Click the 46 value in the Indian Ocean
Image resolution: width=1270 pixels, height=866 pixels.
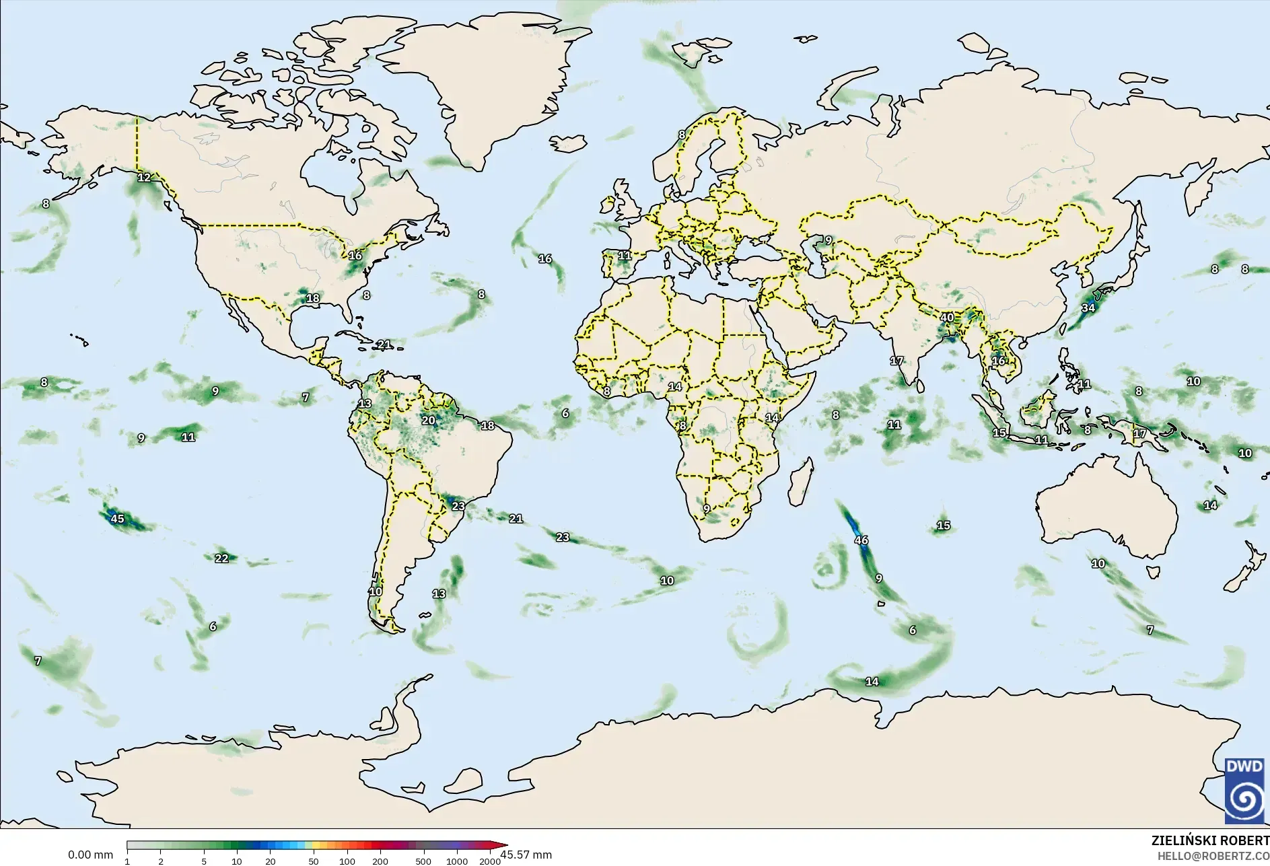pyautogui.click(x=861, y=540)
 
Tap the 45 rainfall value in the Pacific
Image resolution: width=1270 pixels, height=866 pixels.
pyautogui.click(x=117, y=519)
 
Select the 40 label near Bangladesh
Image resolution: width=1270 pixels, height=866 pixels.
pyautogui.click(x=947, y=318)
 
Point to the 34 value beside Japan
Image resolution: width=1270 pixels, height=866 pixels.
pyautogui.click(x=1088, y=308)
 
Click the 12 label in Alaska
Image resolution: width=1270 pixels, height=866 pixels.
pyautogui.click(x=144, y=178)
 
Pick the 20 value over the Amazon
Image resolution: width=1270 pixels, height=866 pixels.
pyautogui.click(x=428, y=421)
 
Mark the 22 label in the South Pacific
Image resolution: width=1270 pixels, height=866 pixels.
pyautogui.click(x=221, y=558)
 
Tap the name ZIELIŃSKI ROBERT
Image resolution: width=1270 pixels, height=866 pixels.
pyautogui.click(x=1210, y=841)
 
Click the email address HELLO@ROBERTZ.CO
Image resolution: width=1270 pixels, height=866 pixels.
pyautogui.click(x=1213, y=856)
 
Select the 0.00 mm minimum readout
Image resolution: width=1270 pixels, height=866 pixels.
pyautogui.click(x=90, y=855)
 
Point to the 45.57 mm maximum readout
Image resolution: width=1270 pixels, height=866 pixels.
pyautogui.click(x=526, y=855)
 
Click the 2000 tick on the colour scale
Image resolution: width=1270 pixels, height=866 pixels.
pyautogui.click(x=490, y=861)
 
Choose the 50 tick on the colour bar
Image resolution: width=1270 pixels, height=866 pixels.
pyautogui.click(x=314, y=861)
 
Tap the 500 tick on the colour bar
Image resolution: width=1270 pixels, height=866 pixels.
pyautogui.click(x=423, y=861)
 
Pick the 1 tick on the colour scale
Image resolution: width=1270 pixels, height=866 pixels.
pyautogui.click(x=127, y=861)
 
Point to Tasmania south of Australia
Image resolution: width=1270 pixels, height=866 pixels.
pyautogui.click(x=1153, y=573)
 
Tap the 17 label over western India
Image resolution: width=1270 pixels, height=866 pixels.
pyautogui.click(x=896, y=361)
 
